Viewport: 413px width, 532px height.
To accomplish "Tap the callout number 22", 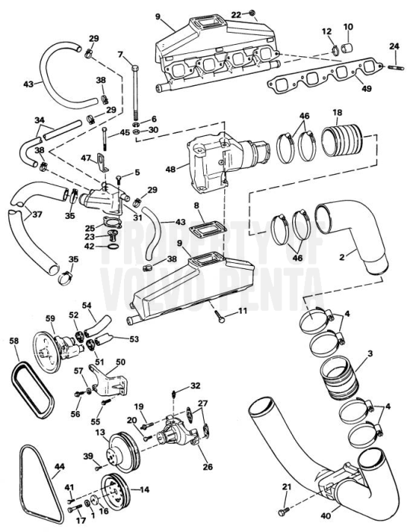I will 236,14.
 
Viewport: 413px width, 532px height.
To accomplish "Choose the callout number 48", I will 170,169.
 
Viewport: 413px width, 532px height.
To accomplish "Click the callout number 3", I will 370,353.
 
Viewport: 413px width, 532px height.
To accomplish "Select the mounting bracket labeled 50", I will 112,377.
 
